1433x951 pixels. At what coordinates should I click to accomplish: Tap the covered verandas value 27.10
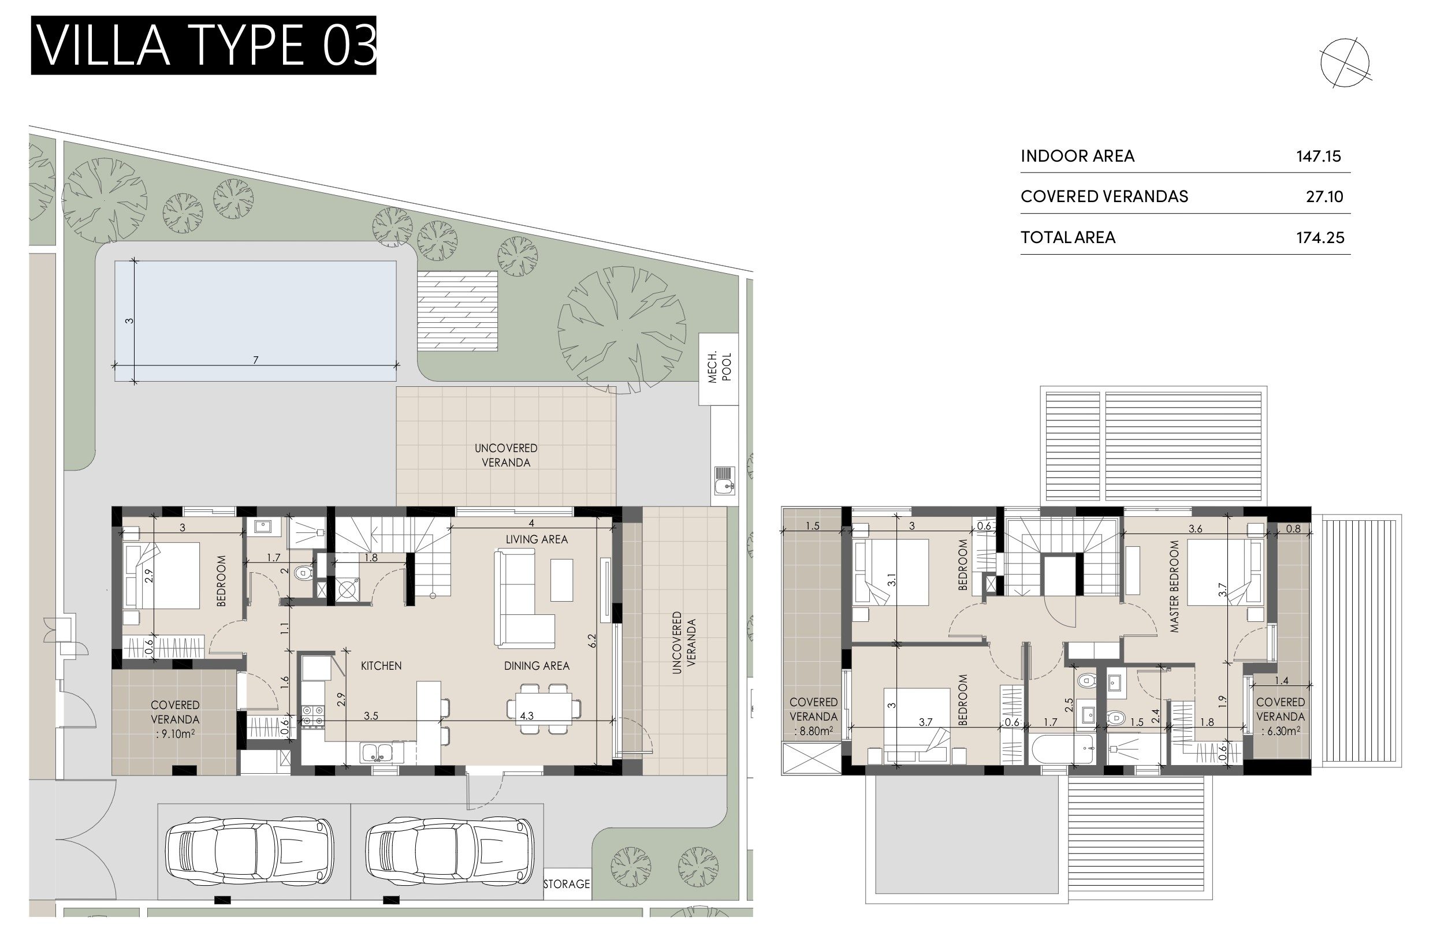click(x=1324, y=196)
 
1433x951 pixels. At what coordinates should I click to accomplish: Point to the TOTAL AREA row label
click(x=1068, y=237)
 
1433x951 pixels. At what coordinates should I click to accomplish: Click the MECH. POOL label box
click(x=719, y=369)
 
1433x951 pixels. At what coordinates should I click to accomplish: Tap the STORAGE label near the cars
click(x=566, y=883)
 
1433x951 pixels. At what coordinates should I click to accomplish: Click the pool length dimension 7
click(x=255, y=360)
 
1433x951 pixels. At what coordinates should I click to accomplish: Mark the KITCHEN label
click(x=381, y=666)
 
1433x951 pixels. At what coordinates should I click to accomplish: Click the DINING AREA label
click(x=537, y=666)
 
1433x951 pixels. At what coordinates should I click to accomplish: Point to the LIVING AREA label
click(x=537, y=539)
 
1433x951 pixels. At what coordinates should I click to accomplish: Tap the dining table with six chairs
click(x=544, y=708)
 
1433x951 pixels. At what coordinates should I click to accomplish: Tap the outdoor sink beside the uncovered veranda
click(x=724, y=479)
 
